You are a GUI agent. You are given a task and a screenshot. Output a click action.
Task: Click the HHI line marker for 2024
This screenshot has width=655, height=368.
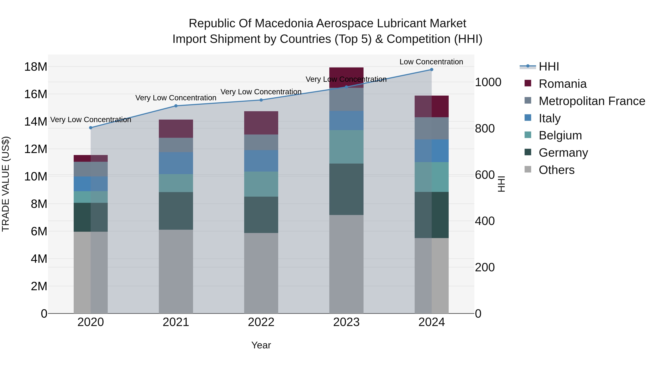pyautogui.click(x=432, y=70)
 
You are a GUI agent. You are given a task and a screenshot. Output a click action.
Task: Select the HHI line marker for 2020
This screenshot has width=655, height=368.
pyautogui.click(x=91, y=128)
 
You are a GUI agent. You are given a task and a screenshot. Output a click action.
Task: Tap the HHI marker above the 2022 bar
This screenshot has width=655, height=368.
pyautogui.click(x=261, y=100)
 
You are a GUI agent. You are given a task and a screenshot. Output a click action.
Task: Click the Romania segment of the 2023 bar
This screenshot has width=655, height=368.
pyautogui.click(x=346, y=77)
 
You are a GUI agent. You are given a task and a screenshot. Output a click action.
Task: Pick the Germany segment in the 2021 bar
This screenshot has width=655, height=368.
pyautogui.click(x=176, y=211)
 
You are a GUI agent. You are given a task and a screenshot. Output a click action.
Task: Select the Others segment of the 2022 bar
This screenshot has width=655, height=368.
pyautogui.click(x=261, y=273)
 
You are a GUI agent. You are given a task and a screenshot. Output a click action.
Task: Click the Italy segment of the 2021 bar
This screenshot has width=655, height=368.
pyautogui.click(x=176, y=163)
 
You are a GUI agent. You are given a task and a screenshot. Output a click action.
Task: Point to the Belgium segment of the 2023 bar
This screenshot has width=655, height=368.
pyautogui.click(x=346, y=147)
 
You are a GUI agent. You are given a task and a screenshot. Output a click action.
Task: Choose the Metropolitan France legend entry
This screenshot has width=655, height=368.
pyautogui.click(x=592, y=101)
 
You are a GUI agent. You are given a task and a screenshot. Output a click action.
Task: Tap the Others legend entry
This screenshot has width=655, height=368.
pyautogui.click(x=556, y=170)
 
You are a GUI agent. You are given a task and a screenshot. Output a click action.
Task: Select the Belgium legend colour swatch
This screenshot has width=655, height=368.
pyautogui.click(x=528, y=135)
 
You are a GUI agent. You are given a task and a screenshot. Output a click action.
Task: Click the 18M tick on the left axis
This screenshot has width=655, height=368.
pyautogui.click(x=36, y=67)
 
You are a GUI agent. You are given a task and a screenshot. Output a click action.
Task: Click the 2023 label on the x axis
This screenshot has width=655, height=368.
pyautogui.click(x=346, y=322)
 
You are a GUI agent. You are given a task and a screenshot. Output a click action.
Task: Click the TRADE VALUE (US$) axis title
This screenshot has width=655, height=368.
pyautogui.click(x=6, y=184)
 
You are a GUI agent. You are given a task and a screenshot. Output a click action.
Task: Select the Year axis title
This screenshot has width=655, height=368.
pyautogui.click(x=261, y=345)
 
